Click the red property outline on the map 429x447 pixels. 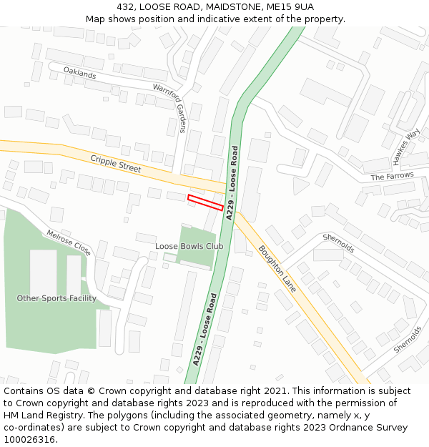(204, 202)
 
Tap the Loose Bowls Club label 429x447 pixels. (189, 247)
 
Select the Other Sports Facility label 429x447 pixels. (56, 298)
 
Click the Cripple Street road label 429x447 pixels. (116, 163)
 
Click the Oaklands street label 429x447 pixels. (79, 72)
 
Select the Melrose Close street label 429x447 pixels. (69, 243)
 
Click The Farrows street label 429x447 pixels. (392, 177)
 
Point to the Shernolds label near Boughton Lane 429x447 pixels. (338, 243)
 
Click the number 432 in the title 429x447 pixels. (127, 6)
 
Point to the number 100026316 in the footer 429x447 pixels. (30, 439)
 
